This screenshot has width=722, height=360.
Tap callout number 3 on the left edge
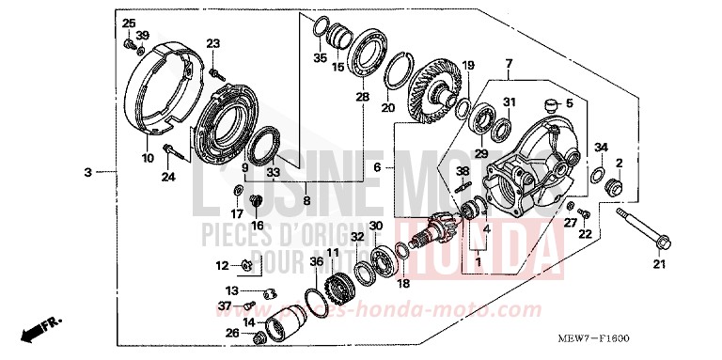[87, 172]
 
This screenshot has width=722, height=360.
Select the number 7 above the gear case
[508, 64]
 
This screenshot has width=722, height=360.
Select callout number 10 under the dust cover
[148, 159]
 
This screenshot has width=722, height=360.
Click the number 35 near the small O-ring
[320, 58]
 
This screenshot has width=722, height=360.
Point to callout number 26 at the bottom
[232, 332]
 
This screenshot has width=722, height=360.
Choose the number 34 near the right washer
[601, 147]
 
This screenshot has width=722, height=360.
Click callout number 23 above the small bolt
[212, 43]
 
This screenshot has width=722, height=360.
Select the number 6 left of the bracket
[377, 166]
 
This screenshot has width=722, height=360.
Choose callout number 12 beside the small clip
[222, 264]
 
